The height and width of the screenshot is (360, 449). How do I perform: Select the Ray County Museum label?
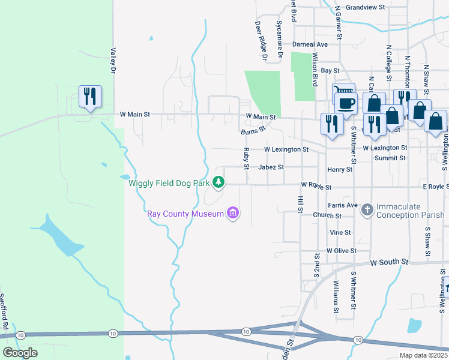click(x=185, y=214)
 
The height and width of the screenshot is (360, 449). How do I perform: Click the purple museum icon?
click(x=233, y=213)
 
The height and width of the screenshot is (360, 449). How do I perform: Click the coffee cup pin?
click(x=346, y=103)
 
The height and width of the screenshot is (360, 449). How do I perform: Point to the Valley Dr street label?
click(x=112, y=61)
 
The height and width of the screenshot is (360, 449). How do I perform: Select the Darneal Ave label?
click(x=310, y=44)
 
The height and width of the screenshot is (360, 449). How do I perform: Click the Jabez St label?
click(x=271, y=167)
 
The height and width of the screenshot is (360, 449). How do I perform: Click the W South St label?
click(x=389, y=262)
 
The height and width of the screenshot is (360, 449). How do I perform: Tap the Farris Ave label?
click(x=343, y=205)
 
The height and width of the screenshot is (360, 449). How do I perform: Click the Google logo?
click(x=20, y=353)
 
